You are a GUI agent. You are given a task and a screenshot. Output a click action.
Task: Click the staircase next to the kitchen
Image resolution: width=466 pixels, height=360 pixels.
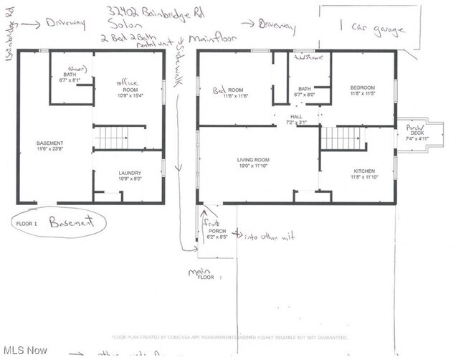pyautogui.click(x=343, y=138)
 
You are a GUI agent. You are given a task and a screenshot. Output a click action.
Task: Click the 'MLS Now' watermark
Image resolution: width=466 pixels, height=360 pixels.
pyautogui.click(x=25, y=349)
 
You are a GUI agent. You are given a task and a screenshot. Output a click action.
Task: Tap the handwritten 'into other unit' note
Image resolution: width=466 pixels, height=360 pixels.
pyautogui.click(x=270, y=235)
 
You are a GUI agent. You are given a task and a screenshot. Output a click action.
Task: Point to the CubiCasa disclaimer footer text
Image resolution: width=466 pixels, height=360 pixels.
pyautogui.click(x=229, y=337)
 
